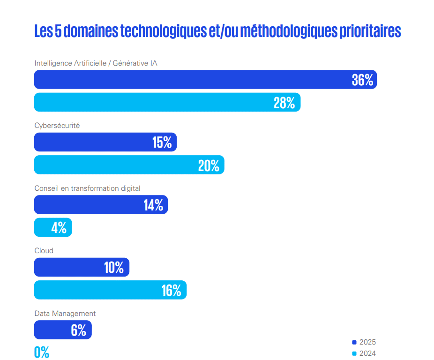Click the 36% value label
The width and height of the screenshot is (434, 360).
click(x=362, y=80)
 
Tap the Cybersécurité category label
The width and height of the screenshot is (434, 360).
click(x=57, y=126)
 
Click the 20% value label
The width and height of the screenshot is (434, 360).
click(x=209, y=165)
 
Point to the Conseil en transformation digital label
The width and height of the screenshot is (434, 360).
click(x=87, y=188)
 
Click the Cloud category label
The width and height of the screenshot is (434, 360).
click(x=44, y=251)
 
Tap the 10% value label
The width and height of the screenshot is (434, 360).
click(x=114, y=267)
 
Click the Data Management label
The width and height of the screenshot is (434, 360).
click(x=65, y=314)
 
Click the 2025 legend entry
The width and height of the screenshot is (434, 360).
click(x=364, y=342)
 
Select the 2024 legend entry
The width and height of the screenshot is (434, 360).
click(x=364, y=353)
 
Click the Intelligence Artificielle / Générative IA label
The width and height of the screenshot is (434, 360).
click(x=96, y=63)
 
